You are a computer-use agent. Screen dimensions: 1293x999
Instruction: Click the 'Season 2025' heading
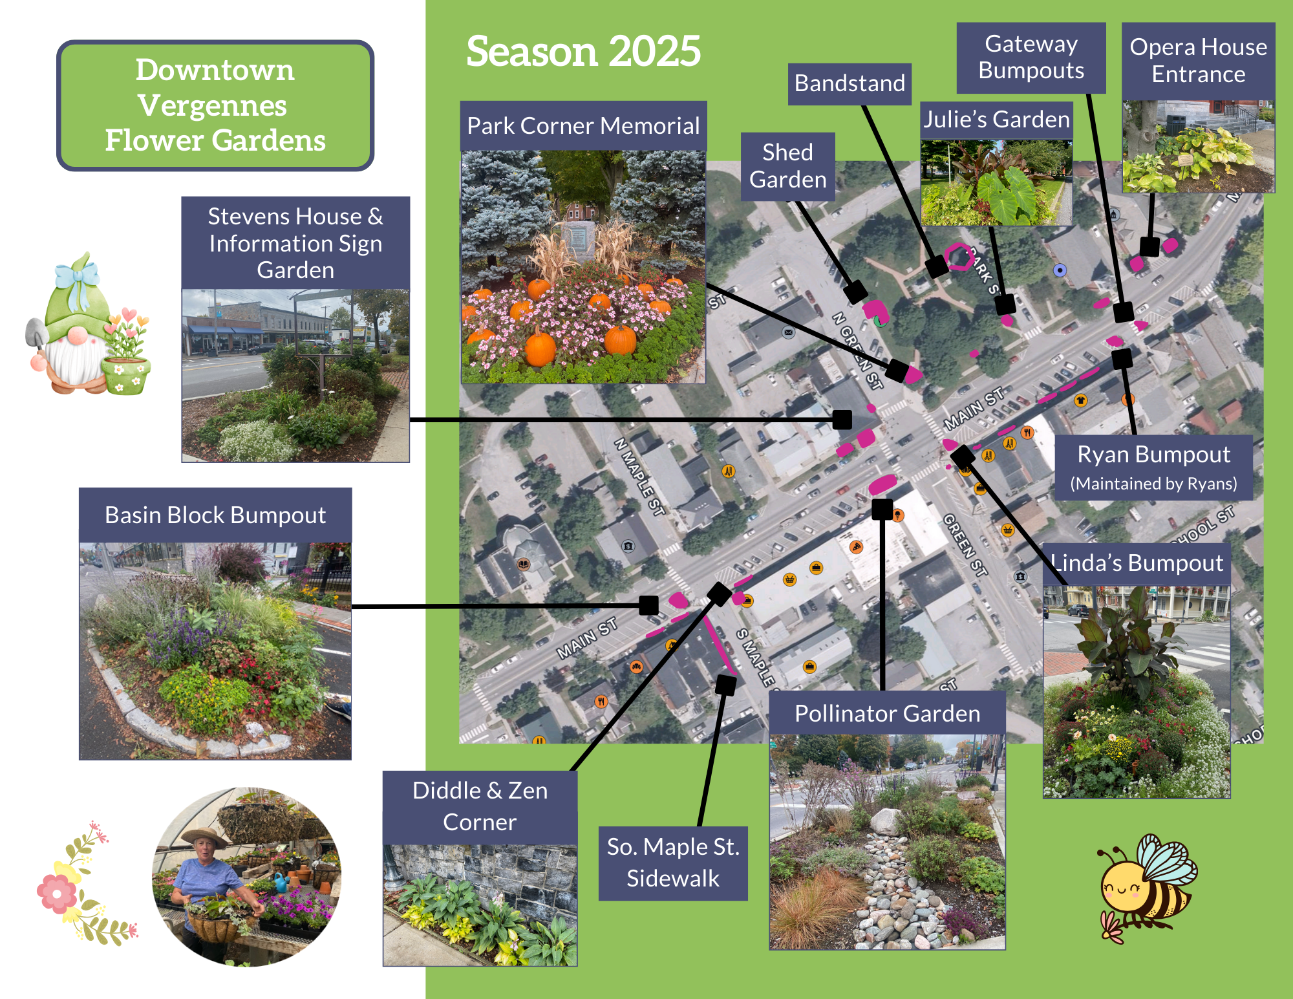[x=583, y=51]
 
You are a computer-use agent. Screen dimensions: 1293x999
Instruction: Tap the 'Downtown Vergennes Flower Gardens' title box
[x=215, y=105]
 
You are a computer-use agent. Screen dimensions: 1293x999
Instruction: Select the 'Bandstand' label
[x=850, y=83]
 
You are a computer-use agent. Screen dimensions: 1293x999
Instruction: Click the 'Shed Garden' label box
[x=787, y=166]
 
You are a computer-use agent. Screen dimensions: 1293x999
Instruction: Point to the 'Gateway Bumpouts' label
[x=1031, y=58]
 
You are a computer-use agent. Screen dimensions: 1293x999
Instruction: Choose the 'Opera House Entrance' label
[x=1198, y=61]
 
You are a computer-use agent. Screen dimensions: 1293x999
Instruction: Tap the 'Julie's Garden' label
[x=996, y=120]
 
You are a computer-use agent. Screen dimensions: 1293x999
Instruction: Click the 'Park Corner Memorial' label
[x=583, y=126]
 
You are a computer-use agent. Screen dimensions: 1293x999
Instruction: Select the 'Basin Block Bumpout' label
[x=215, y=515]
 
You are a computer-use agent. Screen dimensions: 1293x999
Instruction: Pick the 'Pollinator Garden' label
[x=887, y=713]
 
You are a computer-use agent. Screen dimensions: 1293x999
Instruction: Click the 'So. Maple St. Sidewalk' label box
[x=673, y=863]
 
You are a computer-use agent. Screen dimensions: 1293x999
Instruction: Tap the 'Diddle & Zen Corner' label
[x=480, y=806]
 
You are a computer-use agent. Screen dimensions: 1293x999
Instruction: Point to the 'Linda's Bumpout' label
[x=1137, y=563]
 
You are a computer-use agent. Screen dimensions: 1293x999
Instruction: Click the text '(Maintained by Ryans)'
[x=1153, y=484]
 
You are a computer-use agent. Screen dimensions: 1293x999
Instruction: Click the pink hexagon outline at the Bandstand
[x=959, y=257]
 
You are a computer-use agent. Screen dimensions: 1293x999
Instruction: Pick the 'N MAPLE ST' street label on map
[x=639, y=477]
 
